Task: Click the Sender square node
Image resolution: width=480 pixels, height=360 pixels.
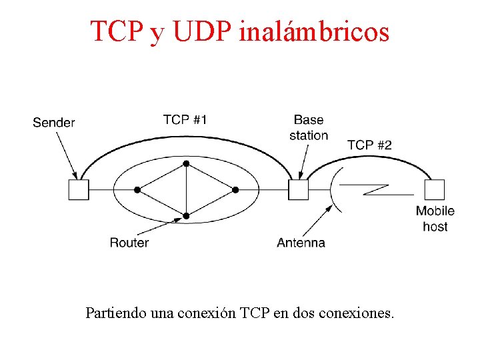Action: pyautogui.click(x=78, y=190)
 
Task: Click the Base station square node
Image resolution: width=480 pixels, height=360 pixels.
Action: pyautogui.click(x=298, y=190)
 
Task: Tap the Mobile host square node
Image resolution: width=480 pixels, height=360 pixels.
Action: pyautogui.click(x=435, y=190)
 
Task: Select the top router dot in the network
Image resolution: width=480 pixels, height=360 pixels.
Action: pyautogui.click(x=187, y=163)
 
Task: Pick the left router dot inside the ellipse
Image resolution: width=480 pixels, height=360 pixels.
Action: pyautogui.click(x=137, y=190)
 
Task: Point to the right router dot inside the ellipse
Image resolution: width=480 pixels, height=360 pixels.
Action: pyautogui.click(x=236, y=190)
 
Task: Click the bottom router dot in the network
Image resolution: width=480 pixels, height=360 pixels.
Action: pyautogui.click(x=187, y=216)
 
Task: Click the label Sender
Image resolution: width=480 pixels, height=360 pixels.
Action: pyautogui.click(x=53, y=123)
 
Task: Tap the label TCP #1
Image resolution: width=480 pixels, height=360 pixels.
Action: pyautogui.click(x=185, y=120)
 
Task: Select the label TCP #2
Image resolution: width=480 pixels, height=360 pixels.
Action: pyautogui.click(x=369, y=145)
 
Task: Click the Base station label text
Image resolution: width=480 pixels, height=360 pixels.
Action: pyautogui.click(x=308, y=127)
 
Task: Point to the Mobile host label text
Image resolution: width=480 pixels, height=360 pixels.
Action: pyautogui.click(x=435, y=219)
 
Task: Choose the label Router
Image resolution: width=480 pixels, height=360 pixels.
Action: pyautogui.click(x=129, y=243)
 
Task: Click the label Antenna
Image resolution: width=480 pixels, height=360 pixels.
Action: pyautogui.click(x=301, y=243)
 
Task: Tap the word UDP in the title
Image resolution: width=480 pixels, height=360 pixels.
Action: pyautogui.click(x=202, y=31)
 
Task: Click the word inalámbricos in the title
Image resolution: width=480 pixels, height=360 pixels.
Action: pyautogui.click(x=313, y=31)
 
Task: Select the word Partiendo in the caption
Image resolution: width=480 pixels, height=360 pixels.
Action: pyautogui.click(x=113, y=312)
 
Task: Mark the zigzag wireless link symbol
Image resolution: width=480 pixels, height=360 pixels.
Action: pyautogui.click(x=387, y=190)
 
